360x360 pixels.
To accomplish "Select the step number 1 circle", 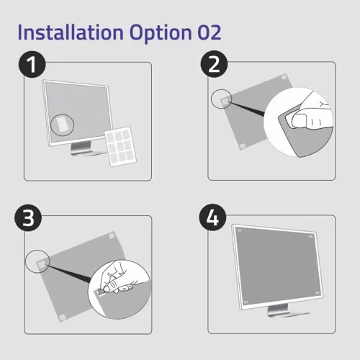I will (31, 66).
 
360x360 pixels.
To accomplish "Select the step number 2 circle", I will (213, 66).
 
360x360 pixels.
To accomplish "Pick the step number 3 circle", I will (31, 219).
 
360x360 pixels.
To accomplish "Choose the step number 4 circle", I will (213, 219).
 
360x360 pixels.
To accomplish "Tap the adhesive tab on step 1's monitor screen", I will (63, 125).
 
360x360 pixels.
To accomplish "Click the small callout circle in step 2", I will (220, 99).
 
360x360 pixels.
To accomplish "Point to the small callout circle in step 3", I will (37, 261).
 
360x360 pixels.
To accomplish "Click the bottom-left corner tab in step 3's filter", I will (60, 315).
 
